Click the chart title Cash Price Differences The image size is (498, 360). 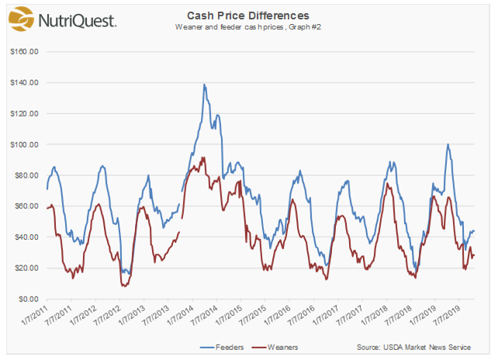(248, 16)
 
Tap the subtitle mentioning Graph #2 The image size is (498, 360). (248, 27)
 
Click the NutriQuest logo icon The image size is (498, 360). (21, 19)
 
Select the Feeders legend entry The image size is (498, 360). (222, 348)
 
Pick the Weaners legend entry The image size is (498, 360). (275, 348)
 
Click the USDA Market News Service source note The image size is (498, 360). (413, 348)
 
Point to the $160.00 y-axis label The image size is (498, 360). (25, 51)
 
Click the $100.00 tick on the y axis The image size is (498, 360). (25, 144)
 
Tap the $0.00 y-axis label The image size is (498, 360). (29, 299)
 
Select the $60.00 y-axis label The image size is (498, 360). (26, 206)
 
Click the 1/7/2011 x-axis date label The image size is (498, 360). (34, 315)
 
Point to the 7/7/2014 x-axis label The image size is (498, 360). (204, 315)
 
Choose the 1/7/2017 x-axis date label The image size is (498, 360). (325, 315)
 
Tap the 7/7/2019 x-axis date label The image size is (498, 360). (447, 315)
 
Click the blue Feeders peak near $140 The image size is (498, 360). (204, 85)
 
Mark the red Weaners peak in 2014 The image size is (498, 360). (203, 157)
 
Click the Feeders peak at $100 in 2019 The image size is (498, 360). (448, 144)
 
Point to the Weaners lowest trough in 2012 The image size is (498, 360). (124, 286)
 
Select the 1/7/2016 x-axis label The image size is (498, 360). (277, 315)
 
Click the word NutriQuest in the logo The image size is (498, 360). (77, 21)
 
